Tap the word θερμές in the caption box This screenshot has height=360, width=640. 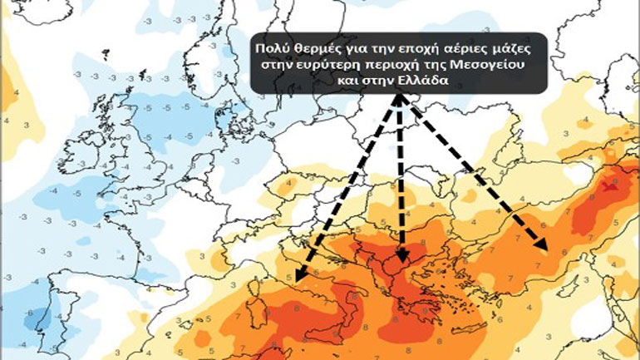310,48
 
